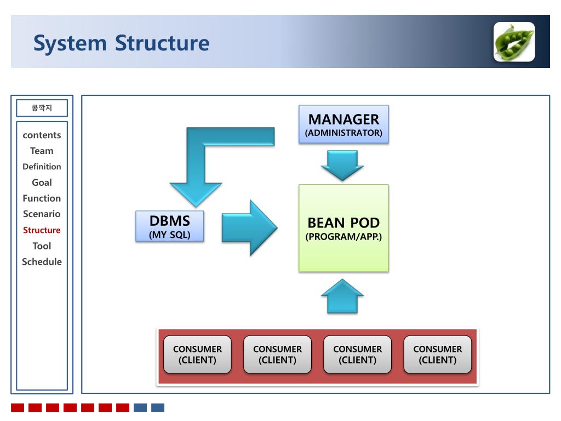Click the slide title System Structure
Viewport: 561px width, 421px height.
(121, 44)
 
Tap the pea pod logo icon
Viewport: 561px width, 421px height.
(514, 42)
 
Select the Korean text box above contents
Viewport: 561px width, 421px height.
(42, 108)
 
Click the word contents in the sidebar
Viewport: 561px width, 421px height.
(42, 135)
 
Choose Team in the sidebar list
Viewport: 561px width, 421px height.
(42, 151)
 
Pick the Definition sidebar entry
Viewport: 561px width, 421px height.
(42, 167)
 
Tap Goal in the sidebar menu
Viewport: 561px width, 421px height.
(42, 183)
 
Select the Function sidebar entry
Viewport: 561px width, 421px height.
(42, 198)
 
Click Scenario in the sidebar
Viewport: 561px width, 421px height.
(42, 214)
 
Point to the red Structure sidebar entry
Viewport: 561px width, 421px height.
(42, 230)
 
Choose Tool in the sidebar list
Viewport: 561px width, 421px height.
(42, 246)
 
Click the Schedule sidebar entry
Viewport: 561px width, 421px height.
(42, 261)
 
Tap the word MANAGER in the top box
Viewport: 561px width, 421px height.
(344, 119)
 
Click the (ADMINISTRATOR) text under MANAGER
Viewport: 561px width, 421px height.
(344, 133)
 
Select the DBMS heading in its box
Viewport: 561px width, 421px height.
(170, 221)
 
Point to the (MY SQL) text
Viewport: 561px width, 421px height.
(170, 235)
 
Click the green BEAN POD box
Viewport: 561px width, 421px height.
(344, 228)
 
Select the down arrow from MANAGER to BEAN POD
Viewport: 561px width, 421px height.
(342, 166)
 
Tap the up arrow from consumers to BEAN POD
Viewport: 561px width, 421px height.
(342, 297)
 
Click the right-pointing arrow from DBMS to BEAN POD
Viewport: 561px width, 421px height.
(249, 227)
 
